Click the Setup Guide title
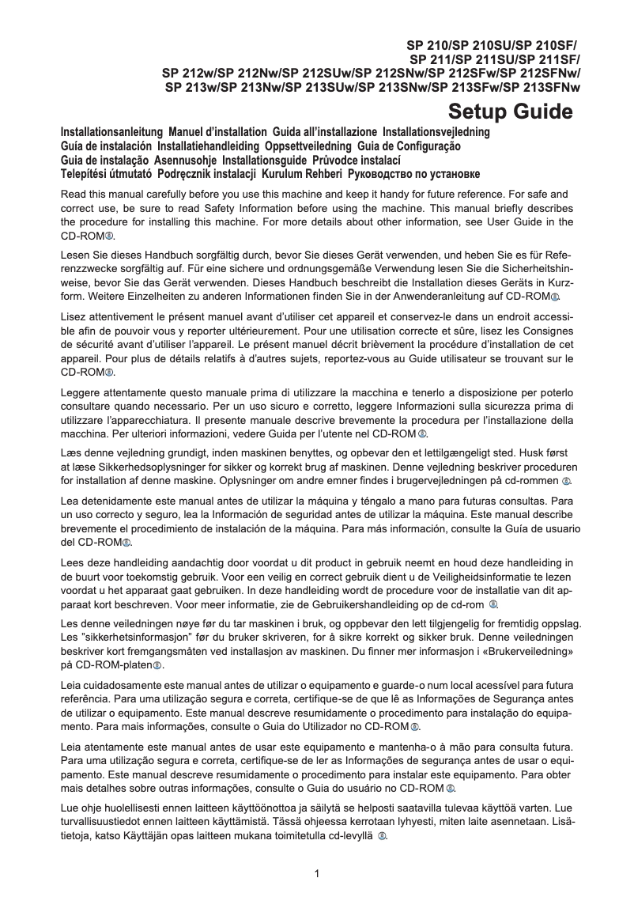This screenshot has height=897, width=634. coord(510,112)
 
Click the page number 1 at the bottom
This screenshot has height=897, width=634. coord(317,873)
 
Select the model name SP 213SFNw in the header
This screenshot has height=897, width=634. coord(542,88)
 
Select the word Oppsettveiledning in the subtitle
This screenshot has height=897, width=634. coord(308,146)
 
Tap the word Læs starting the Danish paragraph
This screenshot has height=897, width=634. coord(71,453)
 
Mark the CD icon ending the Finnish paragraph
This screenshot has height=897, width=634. coord(382,835)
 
